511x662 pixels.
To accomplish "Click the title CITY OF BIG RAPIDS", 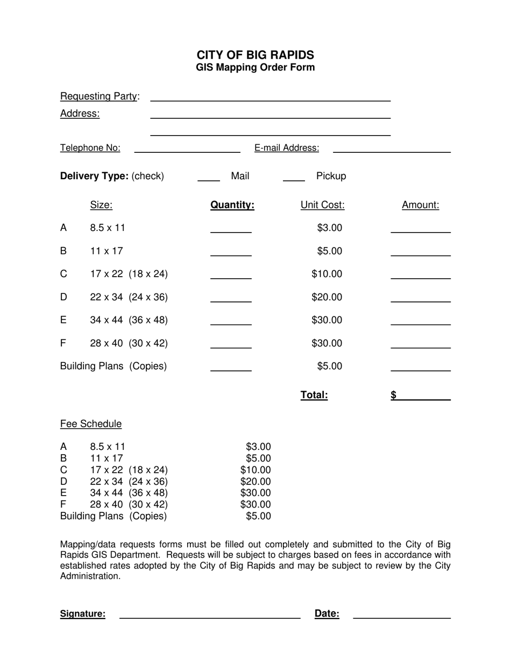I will click(x=255, y=55).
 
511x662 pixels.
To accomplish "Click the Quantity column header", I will click(x=232, y=205).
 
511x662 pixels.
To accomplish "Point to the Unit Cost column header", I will click(x=322, y=205).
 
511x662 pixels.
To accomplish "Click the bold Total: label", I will click(x=314, y=396).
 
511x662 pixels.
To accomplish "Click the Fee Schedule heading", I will click(x=91, y=424).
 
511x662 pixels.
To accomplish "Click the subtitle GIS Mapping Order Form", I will click(x=255, y=68).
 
